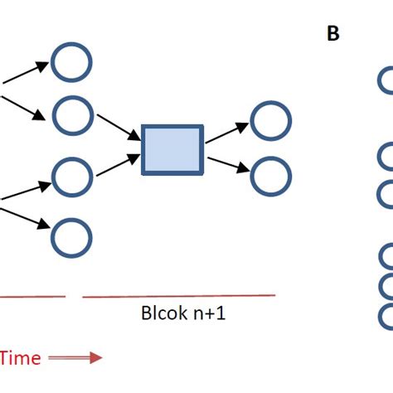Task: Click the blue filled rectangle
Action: pos(172,150)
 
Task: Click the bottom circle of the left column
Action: pos(71,239)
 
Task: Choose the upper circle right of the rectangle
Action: pos(270,120)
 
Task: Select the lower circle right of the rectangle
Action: pos(270,176)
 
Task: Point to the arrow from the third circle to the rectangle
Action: pos(117,164)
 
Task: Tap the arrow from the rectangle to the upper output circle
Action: pos(226,133)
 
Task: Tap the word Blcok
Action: pos(160,315)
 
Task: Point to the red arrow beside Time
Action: pos(75,357)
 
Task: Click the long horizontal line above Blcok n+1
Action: pos(178,295)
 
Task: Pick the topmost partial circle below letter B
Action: pos(386,81)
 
